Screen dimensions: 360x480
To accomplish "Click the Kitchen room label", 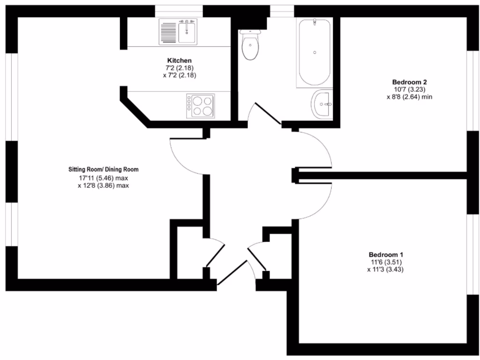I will coord(179,61).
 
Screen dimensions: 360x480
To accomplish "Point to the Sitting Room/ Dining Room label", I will coord(103,170).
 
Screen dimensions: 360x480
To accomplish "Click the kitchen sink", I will coord(178,31).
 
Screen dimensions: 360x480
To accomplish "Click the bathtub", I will coord(314,52).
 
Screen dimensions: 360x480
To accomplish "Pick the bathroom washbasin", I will coord(322,104).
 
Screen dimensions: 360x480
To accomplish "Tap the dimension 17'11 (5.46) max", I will coord(103,178).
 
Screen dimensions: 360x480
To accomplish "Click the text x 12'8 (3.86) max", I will coord(103,186).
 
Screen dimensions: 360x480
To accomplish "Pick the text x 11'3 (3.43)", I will coord(385,270).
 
